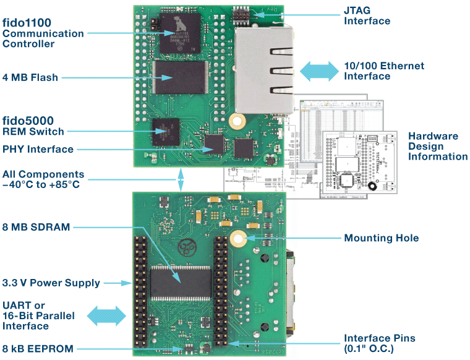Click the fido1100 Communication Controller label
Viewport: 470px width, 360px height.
click(43, 33)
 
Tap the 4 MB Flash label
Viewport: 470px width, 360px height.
click(30, 78)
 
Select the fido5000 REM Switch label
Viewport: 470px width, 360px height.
click(33, 126)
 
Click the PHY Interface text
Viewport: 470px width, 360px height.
click(38, 149)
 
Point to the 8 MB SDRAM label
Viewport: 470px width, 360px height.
click(36, 227)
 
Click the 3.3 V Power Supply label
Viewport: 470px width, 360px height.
click(51, 283)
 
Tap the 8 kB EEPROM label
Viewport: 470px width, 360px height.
click(38, 349)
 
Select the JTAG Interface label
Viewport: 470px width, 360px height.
click(367, 16)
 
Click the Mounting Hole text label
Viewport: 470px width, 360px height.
click(381, 238)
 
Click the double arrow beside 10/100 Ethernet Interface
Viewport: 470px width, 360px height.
click(318, 71)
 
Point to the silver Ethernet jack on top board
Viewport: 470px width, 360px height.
click(262, 71)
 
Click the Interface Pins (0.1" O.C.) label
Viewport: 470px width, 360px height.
click(379, 343)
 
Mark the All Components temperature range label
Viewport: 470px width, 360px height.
click(43, 179)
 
